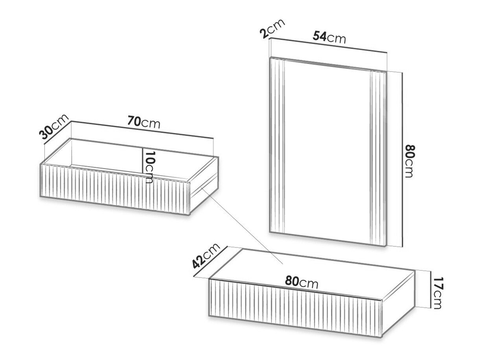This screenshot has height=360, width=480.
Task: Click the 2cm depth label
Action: pos(272,29)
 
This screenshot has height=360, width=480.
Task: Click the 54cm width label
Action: pos(329,37)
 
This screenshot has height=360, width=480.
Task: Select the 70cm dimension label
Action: pos(143,122)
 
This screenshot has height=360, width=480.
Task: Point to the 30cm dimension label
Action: pos(54,127)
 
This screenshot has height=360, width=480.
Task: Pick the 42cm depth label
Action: pos(206,256)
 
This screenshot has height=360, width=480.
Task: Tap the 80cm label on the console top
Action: pos(302,282)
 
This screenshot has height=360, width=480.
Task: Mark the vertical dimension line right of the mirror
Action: pos(402,160)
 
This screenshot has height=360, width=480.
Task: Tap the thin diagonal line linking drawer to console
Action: pos(242,225)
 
